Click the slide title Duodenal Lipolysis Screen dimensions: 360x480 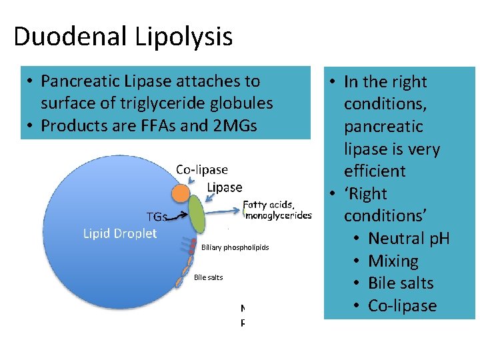[x=123, y=36]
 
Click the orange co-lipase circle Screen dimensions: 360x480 [x=180, y=193]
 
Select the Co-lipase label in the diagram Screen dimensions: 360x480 [x=202, y=170]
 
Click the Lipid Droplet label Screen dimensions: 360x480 [x=120, y=233]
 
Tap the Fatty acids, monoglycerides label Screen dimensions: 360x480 [x=277, y=210]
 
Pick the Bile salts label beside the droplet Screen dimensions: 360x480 [x=208, y=277]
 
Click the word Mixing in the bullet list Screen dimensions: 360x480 [x=393, y=261]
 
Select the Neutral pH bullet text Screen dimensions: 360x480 [x=409, y=238]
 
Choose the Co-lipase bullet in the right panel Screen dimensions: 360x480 [x=402, y=306]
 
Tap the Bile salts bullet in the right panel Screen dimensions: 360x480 [x=401, y=283]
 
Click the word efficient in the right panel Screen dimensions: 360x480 [x=375, y=171]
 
